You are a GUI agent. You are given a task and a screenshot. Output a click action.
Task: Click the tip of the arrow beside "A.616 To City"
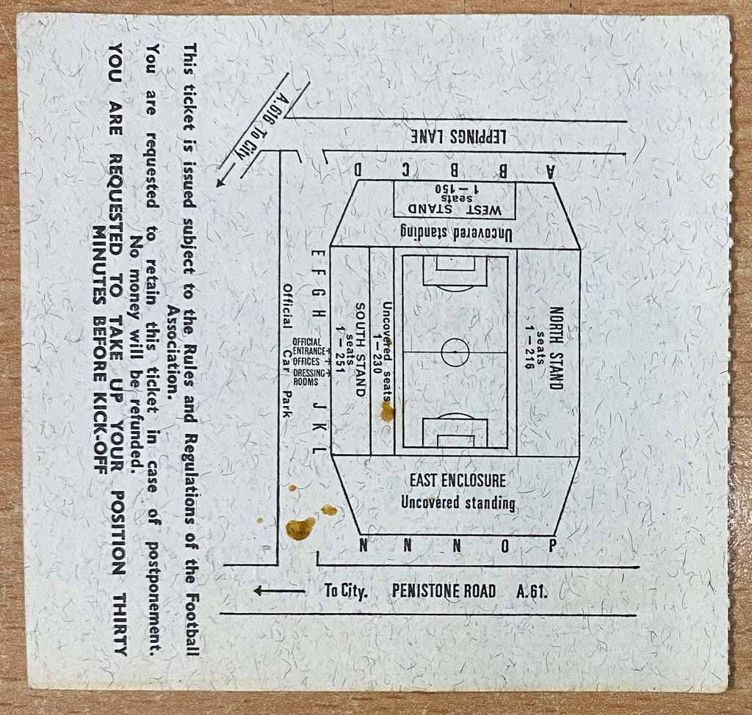click(217, 186)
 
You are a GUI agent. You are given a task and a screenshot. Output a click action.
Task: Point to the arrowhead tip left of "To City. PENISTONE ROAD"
click(253, 591)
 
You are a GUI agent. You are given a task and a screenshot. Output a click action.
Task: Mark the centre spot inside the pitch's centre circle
click(455, 352)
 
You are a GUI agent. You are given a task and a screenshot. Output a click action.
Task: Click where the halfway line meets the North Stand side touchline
click(507, 352)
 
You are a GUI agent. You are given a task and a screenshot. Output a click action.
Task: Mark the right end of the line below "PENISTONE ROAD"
click(636, 614)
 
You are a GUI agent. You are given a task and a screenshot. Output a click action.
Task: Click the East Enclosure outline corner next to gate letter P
click(555, 534)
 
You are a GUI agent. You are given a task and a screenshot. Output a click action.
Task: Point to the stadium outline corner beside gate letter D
click(358, 181)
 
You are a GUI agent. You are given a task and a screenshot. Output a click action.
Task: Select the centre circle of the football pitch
click(455, 352)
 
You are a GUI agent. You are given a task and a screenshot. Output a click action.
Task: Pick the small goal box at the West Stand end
click(455, 264)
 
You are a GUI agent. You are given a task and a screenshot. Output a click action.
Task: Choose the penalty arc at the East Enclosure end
click(455, 415)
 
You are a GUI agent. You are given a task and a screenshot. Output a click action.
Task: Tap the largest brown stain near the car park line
click(300, 528)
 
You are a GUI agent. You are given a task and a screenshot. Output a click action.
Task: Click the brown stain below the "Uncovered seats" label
click(387, 412)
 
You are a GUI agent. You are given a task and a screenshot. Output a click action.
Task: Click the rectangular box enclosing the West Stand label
click(454, 199)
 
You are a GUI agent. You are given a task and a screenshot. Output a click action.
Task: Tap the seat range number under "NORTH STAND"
click(529, 348)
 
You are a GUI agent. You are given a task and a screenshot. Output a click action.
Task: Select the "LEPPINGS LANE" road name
click(458, 137)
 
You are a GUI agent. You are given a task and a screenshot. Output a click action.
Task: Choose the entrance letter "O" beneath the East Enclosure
click(505, 545)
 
